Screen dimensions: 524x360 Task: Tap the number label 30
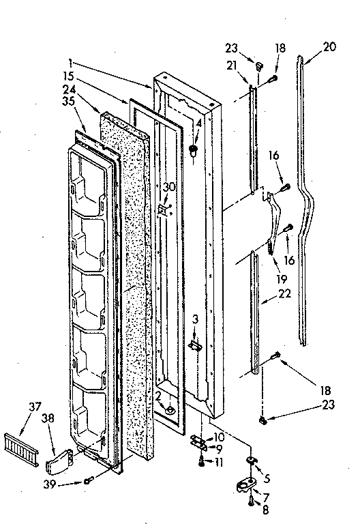(x=170, y=187)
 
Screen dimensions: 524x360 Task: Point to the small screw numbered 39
(x=88, y=482)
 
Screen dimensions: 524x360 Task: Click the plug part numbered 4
(x=194, y=149)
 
